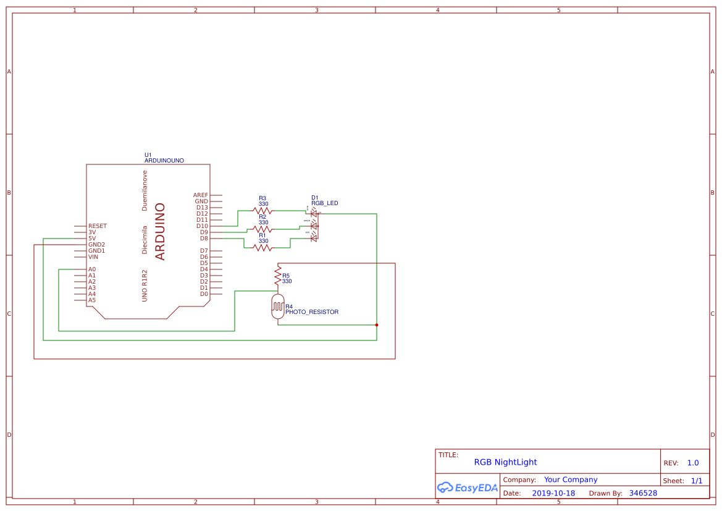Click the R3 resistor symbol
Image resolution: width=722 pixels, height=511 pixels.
tap(262, 211)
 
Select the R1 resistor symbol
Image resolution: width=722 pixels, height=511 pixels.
tap(262, 248)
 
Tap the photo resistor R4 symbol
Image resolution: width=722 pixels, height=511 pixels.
tap(278, 306)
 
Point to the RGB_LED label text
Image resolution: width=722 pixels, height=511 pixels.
tap(325, 203)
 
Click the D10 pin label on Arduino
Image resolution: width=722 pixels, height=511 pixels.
tap(202, 226)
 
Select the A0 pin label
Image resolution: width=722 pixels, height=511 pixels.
tap(92, 269)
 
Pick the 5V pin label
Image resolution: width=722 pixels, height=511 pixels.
tap(92, 239)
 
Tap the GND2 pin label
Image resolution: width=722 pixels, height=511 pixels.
tap(96, 245)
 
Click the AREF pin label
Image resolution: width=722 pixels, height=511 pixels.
tap(201, 195)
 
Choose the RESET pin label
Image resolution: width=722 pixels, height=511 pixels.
tap(98, 226)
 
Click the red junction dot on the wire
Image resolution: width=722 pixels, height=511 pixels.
tap(377, 325)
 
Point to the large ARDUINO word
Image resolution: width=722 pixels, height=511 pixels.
tap(161, 232)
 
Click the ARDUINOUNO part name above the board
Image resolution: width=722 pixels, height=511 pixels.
tap(164, 161)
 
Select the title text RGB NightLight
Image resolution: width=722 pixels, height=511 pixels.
tap(505, 462)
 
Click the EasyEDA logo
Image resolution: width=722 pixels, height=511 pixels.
tap(468, 488)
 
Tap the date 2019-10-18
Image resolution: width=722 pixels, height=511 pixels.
tap(553, 493)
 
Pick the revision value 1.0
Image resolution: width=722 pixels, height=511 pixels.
tap(693, 463)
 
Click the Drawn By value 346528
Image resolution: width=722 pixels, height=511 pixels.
tap(643, 493)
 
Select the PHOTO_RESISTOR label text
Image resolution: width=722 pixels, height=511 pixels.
tap(312, 312)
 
